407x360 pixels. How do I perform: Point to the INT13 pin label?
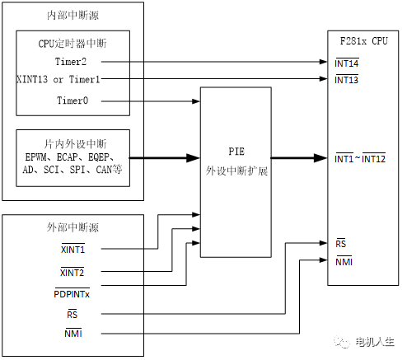348,79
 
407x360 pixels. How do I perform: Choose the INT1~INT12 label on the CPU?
361,157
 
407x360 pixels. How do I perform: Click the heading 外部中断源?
73,228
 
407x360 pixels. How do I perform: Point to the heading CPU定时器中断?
73,44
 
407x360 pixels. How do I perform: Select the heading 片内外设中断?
73,141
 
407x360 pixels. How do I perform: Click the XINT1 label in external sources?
73,249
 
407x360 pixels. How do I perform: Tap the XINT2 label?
73,271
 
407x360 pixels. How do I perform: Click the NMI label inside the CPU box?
344,262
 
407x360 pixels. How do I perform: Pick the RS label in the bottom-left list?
73,314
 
